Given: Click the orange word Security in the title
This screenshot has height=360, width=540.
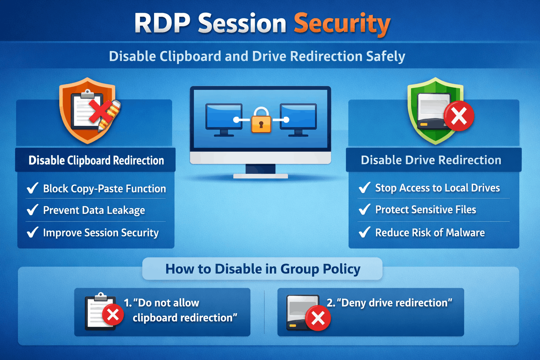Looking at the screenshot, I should click(342, 24).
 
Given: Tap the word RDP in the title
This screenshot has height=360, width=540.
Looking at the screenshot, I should click(162, 24).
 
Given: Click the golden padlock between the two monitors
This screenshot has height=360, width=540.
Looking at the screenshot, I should click(261, 121).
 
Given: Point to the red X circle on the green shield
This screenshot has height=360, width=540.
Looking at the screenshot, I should click(459, 116).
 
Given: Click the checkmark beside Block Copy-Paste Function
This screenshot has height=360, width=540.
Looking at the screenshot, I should click(32, 188).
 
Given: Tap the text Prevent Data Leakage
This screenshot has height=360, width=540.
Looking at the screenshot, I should click(94, 210).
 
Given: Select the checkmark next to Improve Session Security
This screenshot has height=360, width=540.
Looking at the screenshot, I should click(32, 232).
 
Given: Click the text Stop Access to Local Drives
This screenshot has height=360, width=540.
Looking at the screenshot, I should click(437, 188).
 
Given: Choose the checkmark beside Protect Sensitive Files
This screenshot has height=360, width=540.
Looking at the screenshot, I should click(365, 210).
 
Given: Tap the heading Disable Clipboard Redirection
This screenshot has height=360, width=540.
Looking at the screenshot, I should click(96, 160).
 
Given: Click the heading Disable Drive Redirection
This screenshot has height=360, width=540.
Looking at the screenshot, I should click(431, 160).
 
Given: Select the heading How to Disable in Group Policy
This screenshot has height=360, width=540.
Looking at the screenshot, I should click(263, 269).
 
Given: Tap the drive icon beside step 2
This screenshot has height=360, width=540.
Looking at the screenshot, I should click(303, 312).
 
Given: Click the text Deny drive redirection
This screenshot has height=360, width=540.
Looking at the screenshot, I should click(394, 303).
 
